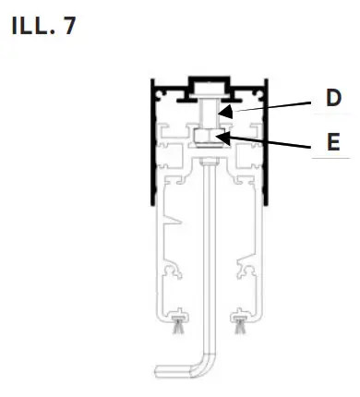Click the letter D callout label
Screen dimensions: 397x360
point(333,98)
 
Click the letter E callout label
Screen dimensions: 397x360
point(333,143)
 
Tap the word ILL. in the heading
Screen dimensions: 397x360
point(32,26)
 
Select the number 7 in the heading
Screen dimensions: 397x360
point(70,26)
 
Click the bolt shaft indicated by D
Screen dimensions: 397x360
point(208,115)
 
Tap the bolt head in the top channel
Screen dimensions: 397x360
point(208,91)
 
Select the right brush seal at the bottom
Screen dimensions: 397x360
point(243,322)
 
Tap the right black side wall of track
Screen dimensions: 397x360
point(267,148)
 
